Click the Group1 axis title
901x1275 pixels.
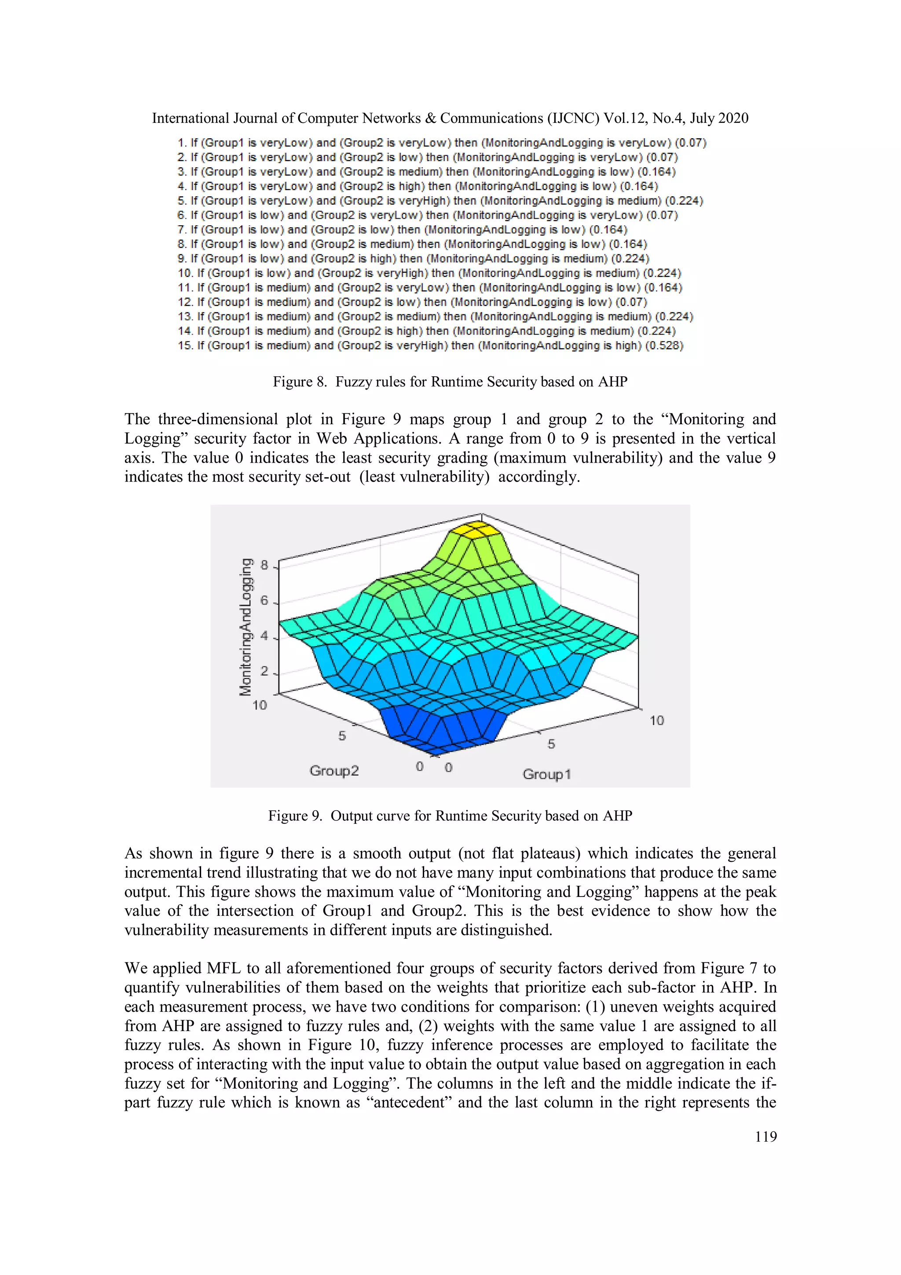point(546,774)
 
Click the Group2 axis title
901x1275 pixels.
point(334,770)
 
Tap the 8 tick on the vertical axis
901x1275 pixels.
point(264,565)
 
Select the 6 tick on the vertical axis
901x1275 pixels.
point(264,600)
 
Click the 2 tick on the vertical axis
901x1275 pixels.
point(264,671)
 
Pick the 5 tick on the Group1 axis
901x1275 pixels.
point(551,743)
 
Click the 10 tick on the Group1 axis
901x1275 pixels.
point(657,720)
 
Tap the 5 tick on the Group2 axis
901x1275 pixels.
point(342,735)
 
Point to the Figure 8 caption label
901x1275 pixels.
point(299,382)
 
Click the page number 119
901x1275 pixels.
point(765,1136)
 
